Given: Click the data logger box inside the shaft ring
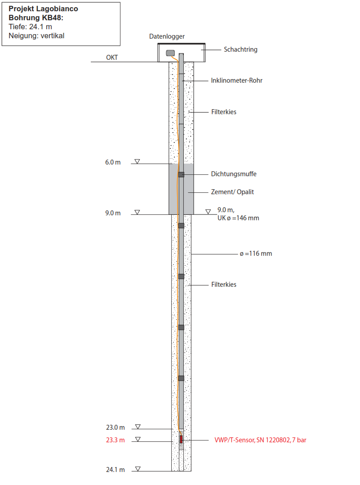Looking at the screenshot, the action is click(170, 53).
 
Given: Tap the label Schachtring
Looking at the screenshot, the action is click(240, 49).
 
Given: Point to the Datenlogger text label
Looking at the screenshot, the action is click(167, 36).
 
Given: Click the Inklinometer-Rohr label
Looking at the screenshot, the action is click(236, 80).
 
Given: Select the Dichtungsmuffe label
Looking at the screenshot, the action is click(234, 174).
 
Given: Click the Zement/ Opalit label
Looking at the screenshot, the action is click(232, 192).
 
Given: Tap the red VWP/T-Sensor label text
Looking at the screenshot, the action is click(260, 440).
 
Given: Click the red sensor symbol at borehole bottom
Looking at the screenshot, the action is click(181, 439).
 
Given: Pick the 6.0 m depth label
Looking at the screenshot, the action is click(113, 162).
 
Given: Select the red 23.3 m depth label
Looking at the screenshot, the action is click(116, 440).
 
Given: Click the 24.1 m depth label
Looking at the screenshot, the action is click(116, 470).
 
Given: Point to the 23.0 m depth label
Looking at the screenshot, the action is click(116, 427).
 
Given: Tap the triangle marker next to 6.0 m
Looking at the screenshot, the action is click(138, 161).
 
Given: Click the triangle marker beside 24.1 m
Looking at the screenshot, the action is click(138, 469).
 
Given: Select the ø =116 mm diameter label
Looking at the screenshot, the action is click(256, 254).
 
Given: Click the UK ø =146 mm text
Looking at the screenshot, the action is click(238, 218).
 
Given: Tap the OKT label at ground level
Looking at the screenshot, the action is click(112, 58).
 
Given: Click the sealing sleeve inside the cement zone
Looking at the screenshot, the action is click(181, 175).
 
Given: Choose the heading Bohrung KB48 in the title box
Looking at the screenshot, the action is click(36, 18).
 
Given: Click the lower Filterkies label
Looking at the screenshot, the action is click(224, 285).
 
